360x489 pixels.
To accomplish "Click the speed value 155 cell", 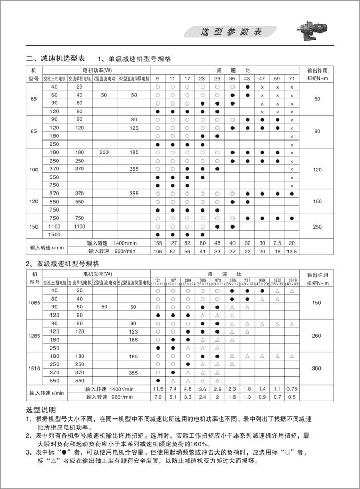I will point(158,242).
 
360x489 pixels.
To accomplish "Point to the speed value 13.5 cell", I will point(292,251).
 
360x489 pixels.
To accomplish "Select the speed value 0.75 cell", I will point(292,389).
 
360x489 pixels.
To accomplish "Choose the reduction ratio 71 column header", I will point(292,78).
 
